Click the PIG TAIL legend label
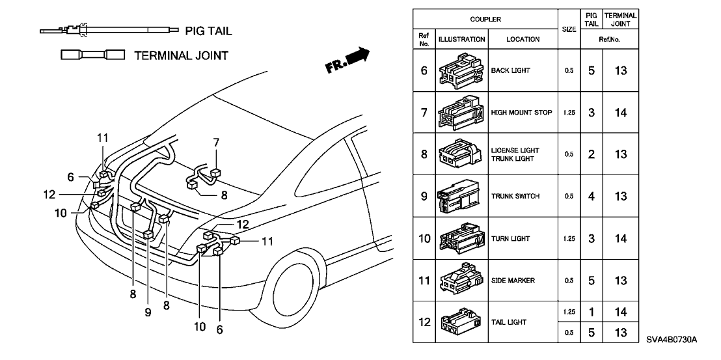pyautogui.click(x=208, y=31)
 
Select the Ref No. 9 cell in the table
pyautogui.click(x=424, y=196)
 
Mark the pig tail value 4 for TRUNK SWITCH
pyautogui.click(x=591, y=196)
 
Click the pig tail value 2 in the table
pyautogui.click(x=591, y=154)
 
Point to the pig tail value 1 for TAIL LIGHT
pyautogui.click(x=591, y=312)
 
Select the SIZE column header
pyautogui.click(x=569, y=29)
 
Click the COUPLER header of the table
pyautogui.click(x=485, y=20)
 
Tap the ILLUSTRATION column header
pyautogui.click(x=461, y=39)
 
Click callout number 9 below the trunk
pyautogui.click(x=148, y=312)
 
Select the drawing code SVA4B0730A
pyautogui.click(x=672, y=340)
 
